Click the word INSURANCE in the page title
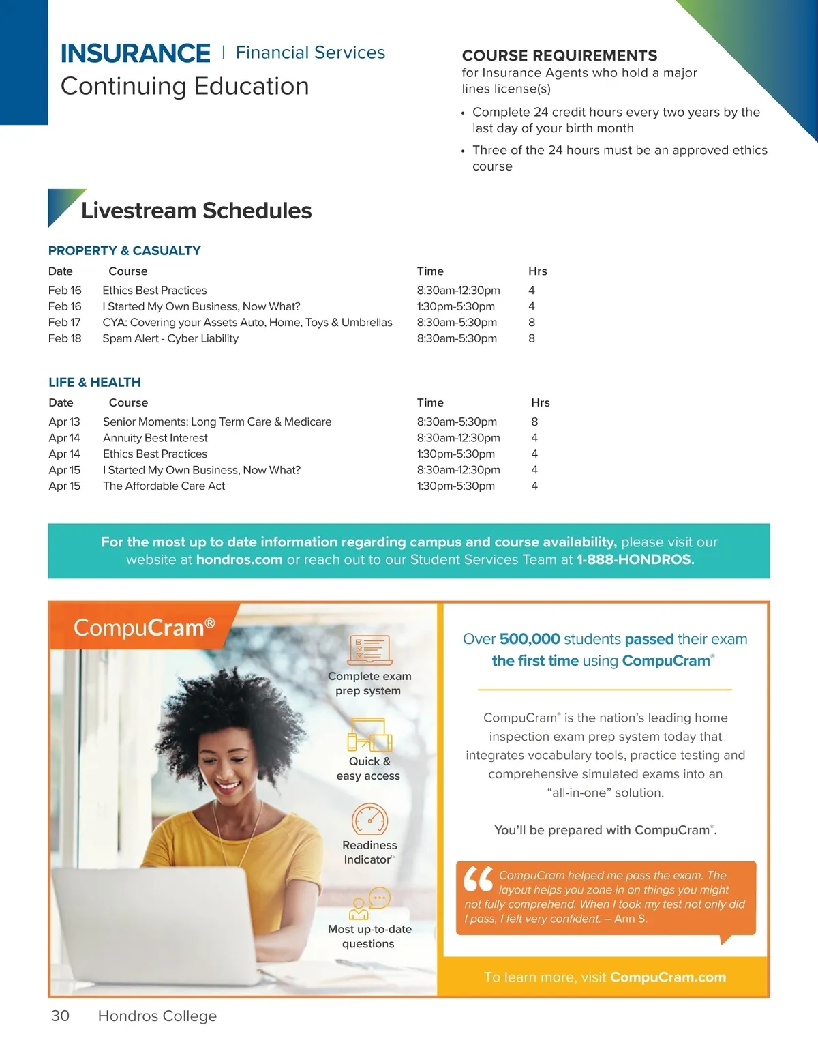136,53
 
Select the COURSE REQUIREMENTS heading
560,55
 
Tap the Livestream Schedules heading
196,210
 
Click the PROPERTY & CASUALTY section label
125,250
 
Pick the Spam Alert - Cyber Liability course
170,338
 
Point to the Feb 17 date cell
65,322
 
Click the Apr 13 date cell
65,422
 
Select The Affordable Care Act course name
164,486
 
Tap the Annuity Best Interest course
155,438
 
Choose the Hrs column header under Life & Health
541,402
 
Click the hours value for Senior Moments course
534,422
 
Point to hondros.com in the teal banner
239,560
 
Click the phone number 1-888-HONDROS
635,560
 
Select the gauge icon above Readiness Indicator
369,819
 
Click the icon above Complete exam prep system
369,650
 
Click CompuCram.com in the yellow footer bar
668,977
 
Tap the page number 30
60,1016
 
